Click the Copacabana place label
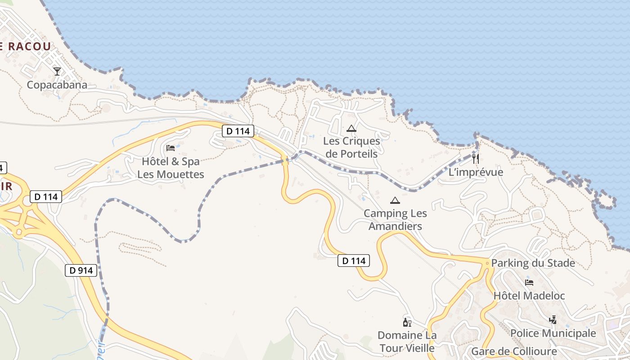(x=57, y=85)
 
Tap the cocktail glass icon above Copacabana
(x=57, y=71)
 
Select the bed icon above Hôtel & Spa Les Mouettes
(x=171, y=148)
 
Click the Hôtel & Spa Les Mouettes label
(x=171, y=168)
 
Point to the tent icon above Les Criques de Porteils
(x=351, y=128)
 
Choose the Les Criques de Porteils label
(x=351, y=147)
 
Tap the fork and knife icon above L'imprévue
(x=476, y=158)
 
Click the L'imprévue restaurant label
(x=476, y=172)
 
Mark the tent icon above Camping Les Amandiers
(x=395, y=200)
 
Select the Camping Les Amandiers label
(x=395, y=220)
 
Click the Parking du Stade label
(x=533, y=263)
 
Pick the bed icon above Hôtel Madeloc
(x=529, y=283)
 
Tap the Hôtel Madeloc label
(x=529, y=296)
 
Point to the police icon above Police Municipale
(x=553, y=320)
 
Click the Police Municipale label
(x=553, y=333)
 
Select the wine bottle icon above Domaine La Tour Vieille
(x=407, y=322)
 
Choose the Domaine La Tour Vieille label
(x=407, y=342)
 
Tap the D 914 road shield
(x=81, y=270)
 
